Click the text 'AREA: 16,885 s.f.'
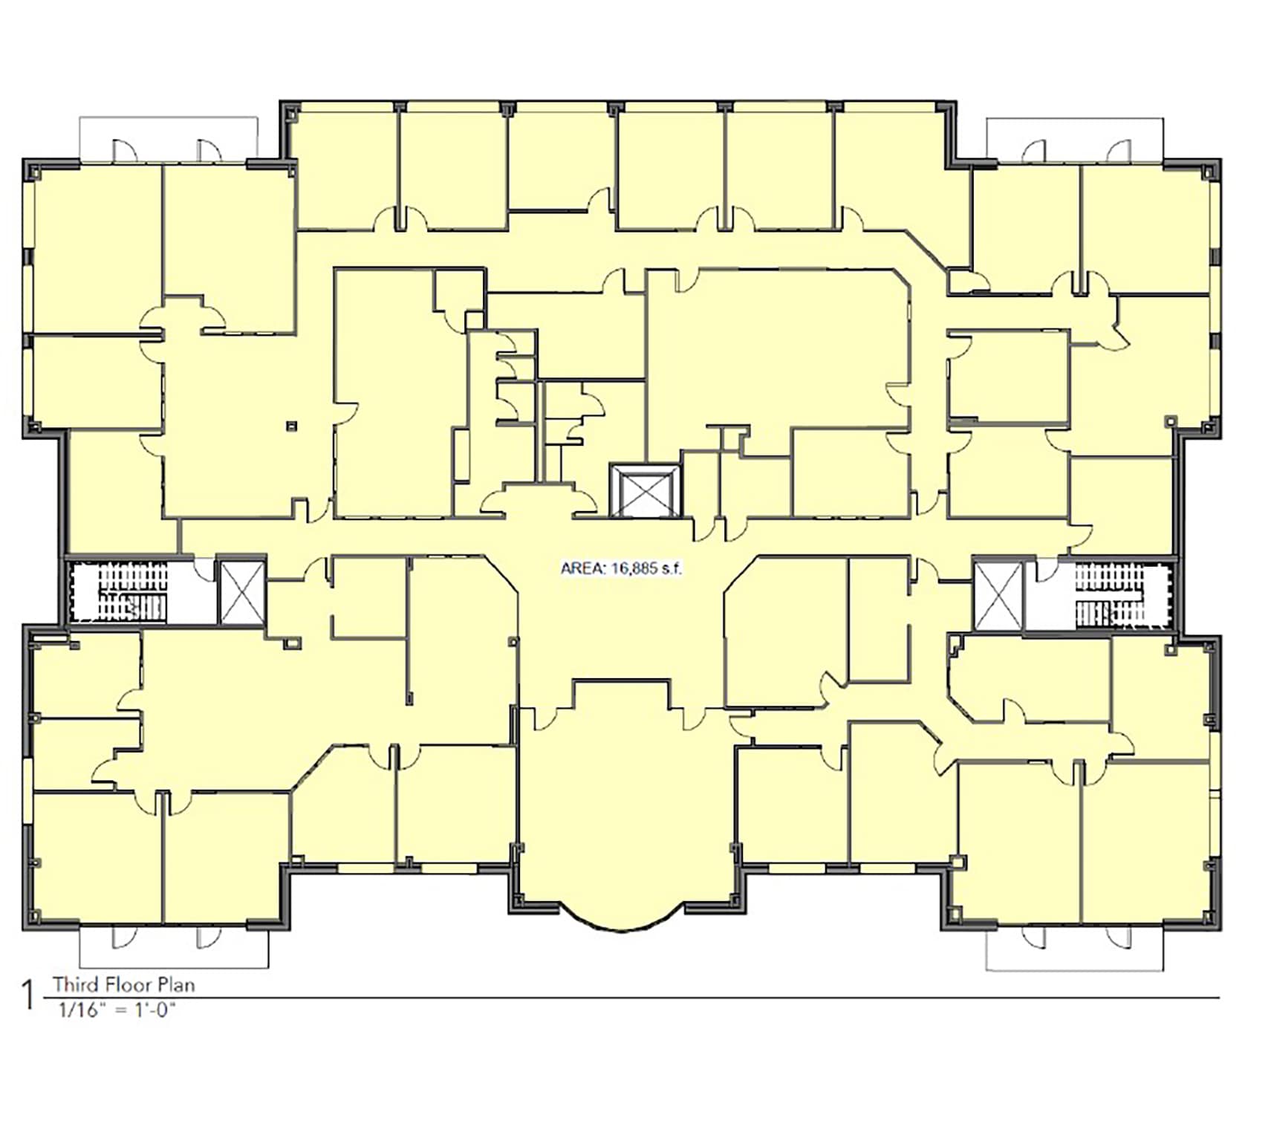(x=620, y=569)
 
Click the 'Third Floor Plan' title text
(x=124, y=985)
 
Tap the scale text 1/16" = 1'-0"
(x=118, y=1010)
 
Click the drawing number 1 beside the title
(x=29, y=995)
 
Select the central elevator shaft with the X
(x=645, y=490)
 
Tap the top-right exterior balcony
(x=1074, y=140)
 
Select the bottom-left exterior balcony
(x=174, y=946)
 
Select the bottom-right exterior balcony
(x=1074, y=949)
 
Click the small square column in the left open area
(x=292, y=426)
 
